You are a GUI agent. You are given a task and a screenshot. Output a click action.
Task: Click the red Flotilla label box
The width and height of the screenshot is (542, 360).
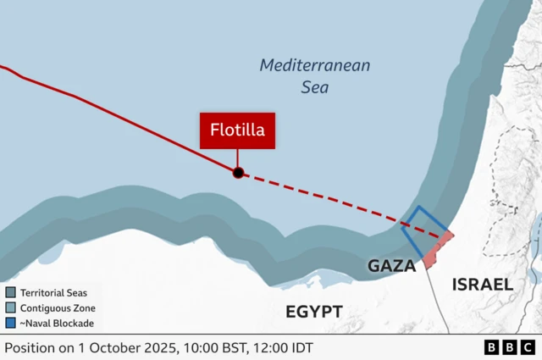237,130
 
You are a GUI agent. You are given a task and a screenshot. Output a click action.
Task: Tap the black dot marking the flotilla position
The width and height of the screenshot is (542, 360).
238,173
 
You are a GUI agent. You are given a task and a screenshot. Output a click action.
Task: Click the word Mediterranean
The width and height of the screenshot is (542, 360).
314,65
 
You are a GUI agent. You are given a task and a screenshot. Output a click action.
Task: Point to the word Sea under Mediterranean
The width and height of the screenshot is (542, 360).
315,86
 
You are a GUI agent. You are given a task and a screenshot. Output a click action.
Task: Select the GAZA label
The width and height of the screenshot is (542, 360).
391,266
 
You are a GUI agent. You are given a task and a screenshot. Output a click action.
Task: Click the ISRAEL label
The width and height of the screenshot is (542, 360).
482,285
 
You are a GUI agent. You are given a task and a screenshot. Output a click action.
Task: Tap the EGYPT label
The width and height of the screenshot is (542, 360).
313,312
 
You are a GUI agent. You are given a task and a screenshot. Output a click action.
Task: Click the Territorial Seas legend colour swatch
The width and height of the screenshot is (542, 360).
10,292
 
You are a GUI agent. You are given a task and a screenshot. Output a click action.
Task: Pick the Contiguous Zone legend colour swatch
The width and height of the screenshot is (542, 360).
10,307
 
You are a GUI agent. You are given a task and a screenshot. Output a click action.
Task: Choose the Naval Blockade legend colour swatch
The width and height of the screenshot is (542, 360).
10,323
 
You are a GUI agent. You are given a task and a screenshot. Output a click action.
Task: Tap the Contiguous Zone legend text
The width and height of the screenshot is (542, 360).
58,307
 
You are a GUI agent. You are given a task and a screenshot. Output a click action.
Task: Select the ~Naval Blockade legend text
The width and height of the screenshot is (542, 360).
57,323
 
